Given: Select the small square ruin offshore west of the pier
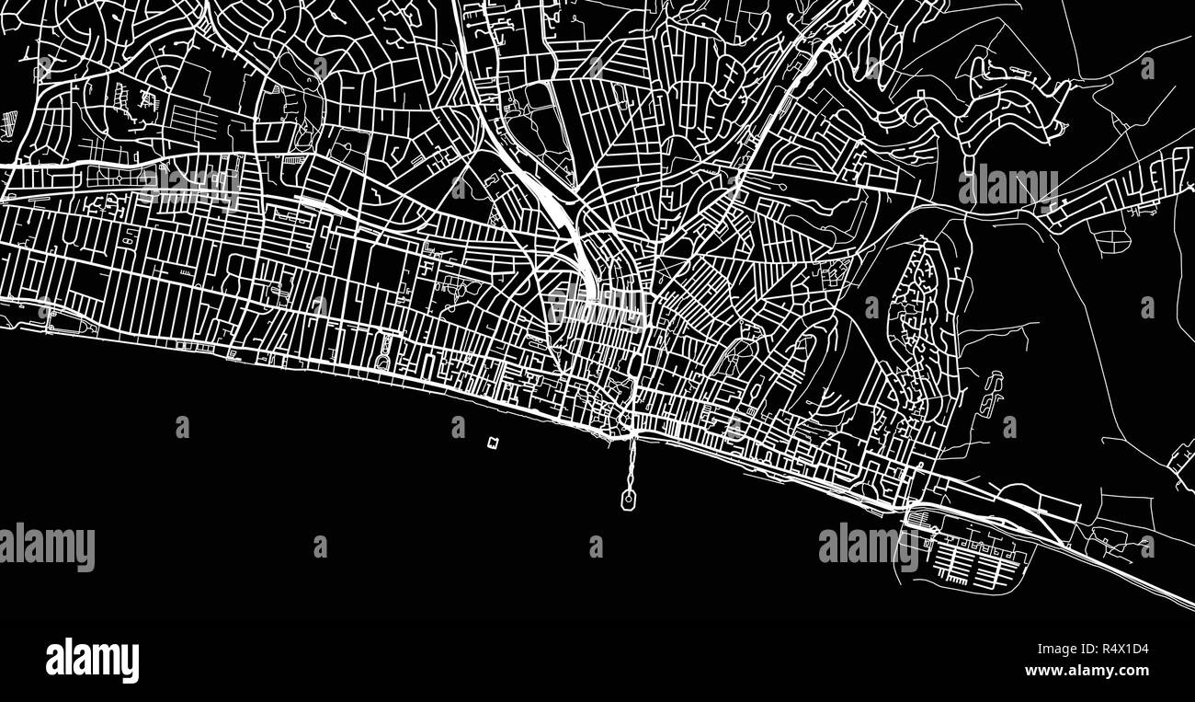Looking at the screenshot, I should [494, 443].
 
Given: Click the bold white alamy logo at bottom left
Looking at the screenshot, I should [92, 661].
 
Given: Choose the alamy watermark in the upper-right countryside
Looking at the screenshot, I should [1007, 187].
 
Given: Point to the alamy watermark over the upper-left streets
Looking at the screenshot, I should [189, 188].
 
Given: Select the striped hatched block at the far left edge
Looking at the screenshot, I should [9, 121].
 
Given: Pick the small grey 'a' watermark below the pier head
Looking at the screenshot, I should [596, 547].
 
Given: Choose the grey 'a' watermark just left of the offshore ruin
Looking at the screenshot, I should [458, 427].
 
